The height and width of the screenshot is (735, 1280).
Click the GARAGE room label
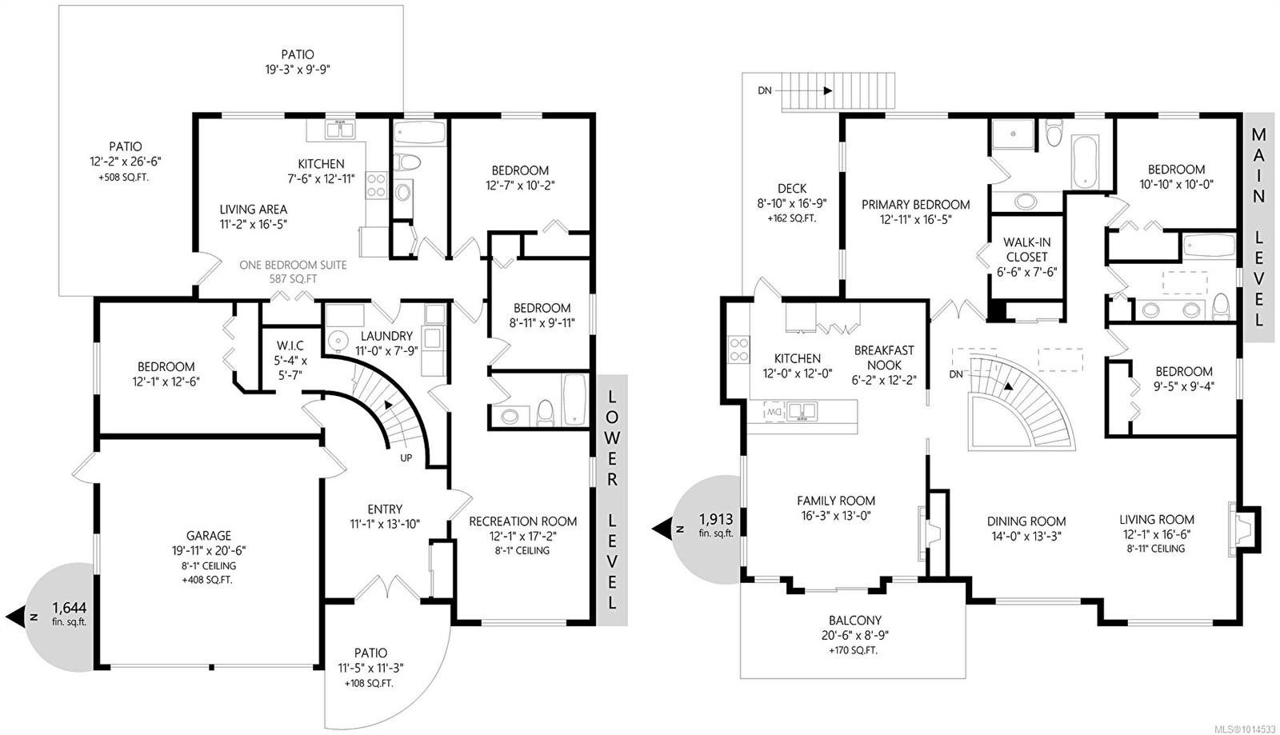point(209,536)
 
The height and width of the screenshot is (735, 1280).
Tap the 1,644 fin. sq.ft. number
point(69,607)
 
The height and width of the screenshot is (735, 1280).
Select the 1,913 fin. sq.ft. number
point(716,517)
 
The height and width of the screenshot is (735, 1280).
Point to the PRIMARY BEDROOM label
point(915,205)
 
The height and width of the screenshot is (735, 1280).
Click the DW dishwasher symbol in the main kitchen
point(774,411)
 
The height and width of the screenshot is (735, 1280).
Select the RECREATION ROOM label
point(522,521)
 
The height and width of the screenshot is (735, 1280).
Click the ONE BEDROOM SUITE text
point(294,265)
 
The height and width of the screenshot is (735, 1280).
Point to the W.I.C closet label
point(289,345)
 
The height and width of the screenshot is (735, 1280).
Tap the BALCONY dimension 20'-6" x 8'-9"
point(854,635)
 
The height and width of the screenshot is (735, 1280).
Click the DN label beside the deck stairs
point(765,90)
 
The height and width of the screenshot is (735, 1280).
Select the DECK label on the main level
point(791,189)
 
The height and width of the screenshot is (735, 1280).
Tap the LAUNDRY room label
point(386,336)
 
